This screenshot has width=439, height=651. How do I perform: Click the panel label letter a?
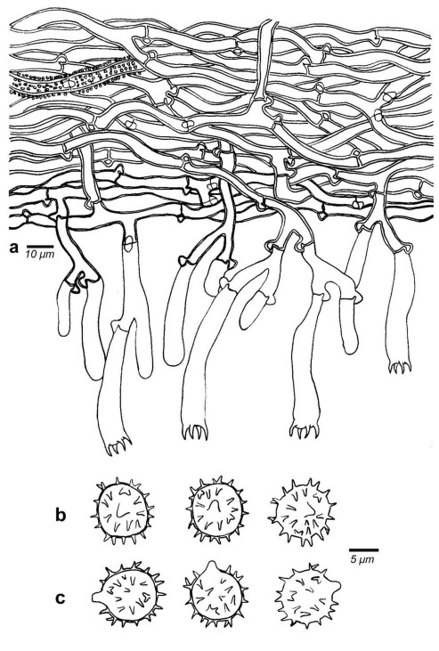pos(13,248)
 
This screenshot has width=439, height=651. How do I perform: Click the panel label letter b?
pos(61,515)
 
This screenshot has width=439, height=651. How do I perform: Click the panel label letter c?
pos(61,598)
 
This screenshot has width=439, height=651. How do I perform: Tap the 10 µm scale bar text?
pos(40,254)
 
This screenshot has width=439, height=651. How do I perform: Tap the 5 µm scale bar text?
pos(362,559)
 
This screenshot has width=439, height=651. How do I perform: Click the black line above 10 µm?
pos(40,246)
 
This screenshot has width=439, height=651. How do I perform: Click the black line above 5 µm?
pos(363,551)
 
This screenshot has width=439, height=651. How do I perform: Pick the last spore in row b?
pos(302,512)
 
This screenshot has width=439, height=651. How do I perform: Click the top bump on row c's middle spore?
pos(211,565)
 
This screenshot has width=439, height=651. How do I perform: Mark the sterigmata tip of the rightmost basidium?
pos(400,367)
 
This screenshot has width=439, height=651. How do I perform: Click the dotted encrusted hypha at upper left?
pos(75,80)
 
